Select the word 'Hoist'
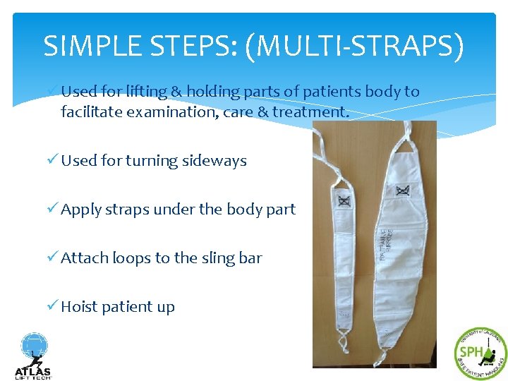pyautogui.click(x=79, y=306)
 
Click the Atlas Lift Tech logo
pyautogui.click(x=32, y=356)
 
